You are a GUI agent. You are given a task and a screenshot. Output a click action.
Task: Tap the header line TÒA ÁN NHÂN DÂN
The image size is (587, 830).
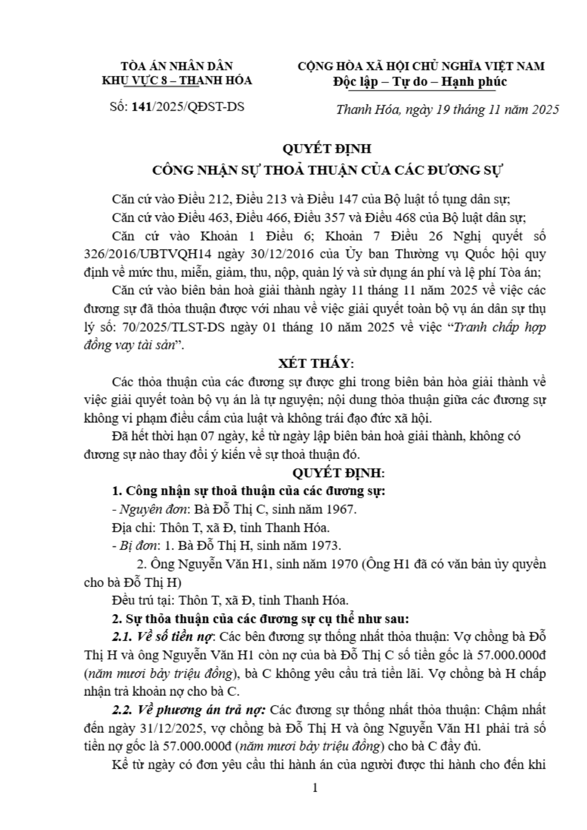point(177,66)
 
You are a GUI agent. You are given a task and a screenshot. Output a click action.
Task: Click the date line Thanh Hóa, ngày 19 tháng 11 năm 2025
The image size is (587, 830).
point(447,109)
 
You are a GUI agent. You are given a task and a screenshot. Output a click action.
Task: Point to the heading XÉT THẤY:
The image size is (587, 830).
point(316,364)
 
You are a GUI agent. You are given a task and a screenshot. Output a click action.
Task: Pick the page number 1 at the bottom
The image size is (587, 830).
point(315,788)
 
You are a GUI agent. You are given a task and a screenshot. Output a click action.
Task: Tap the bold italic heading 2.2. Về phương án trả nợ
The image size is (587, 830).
point(189,710)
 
